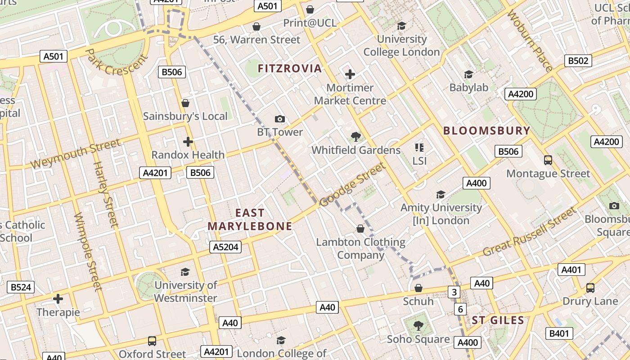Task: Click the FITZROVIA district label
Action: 290,68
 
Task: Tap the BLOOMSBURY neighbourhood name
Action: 487,130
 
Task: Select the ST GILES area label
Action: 498,320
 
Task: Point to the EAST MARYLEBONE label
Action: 250,220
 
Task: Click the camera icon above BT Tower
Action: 280,119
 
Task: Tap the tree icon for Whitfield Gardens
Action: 356,136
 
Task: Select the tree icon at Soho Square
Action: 418,325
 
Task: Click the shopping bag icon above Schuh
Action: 418,288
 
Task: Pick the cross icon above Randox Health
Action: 188,142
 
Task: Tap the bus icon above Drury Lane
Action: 590,288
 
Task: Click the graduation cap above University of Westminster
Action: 185,271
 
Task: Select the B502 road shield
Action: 578,61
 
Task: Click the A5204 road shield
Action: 225,247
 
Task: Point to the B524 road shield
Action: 21,287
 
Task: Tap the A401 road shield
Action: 571,270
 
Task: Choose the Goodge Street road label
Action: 353,185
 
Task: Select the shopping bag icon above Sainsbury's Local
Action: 185,103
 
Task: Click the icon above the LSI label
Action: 419,147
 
